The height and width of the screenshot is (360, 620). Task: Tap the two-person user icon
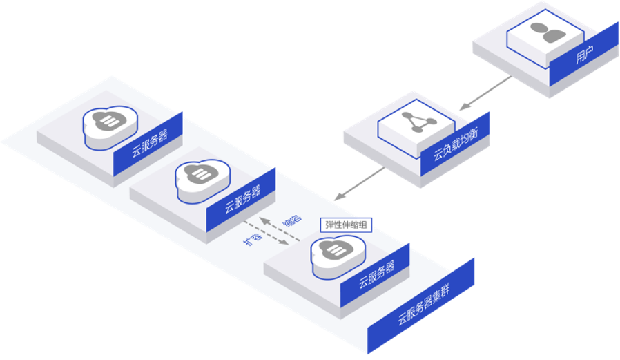click(x=544, y=33)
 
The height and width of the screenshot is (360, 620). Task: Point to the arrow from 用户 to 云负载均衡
click(x=486, y=93)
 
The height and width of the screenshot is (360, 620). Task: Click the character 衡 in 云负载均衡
click(x=476, y=129)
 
